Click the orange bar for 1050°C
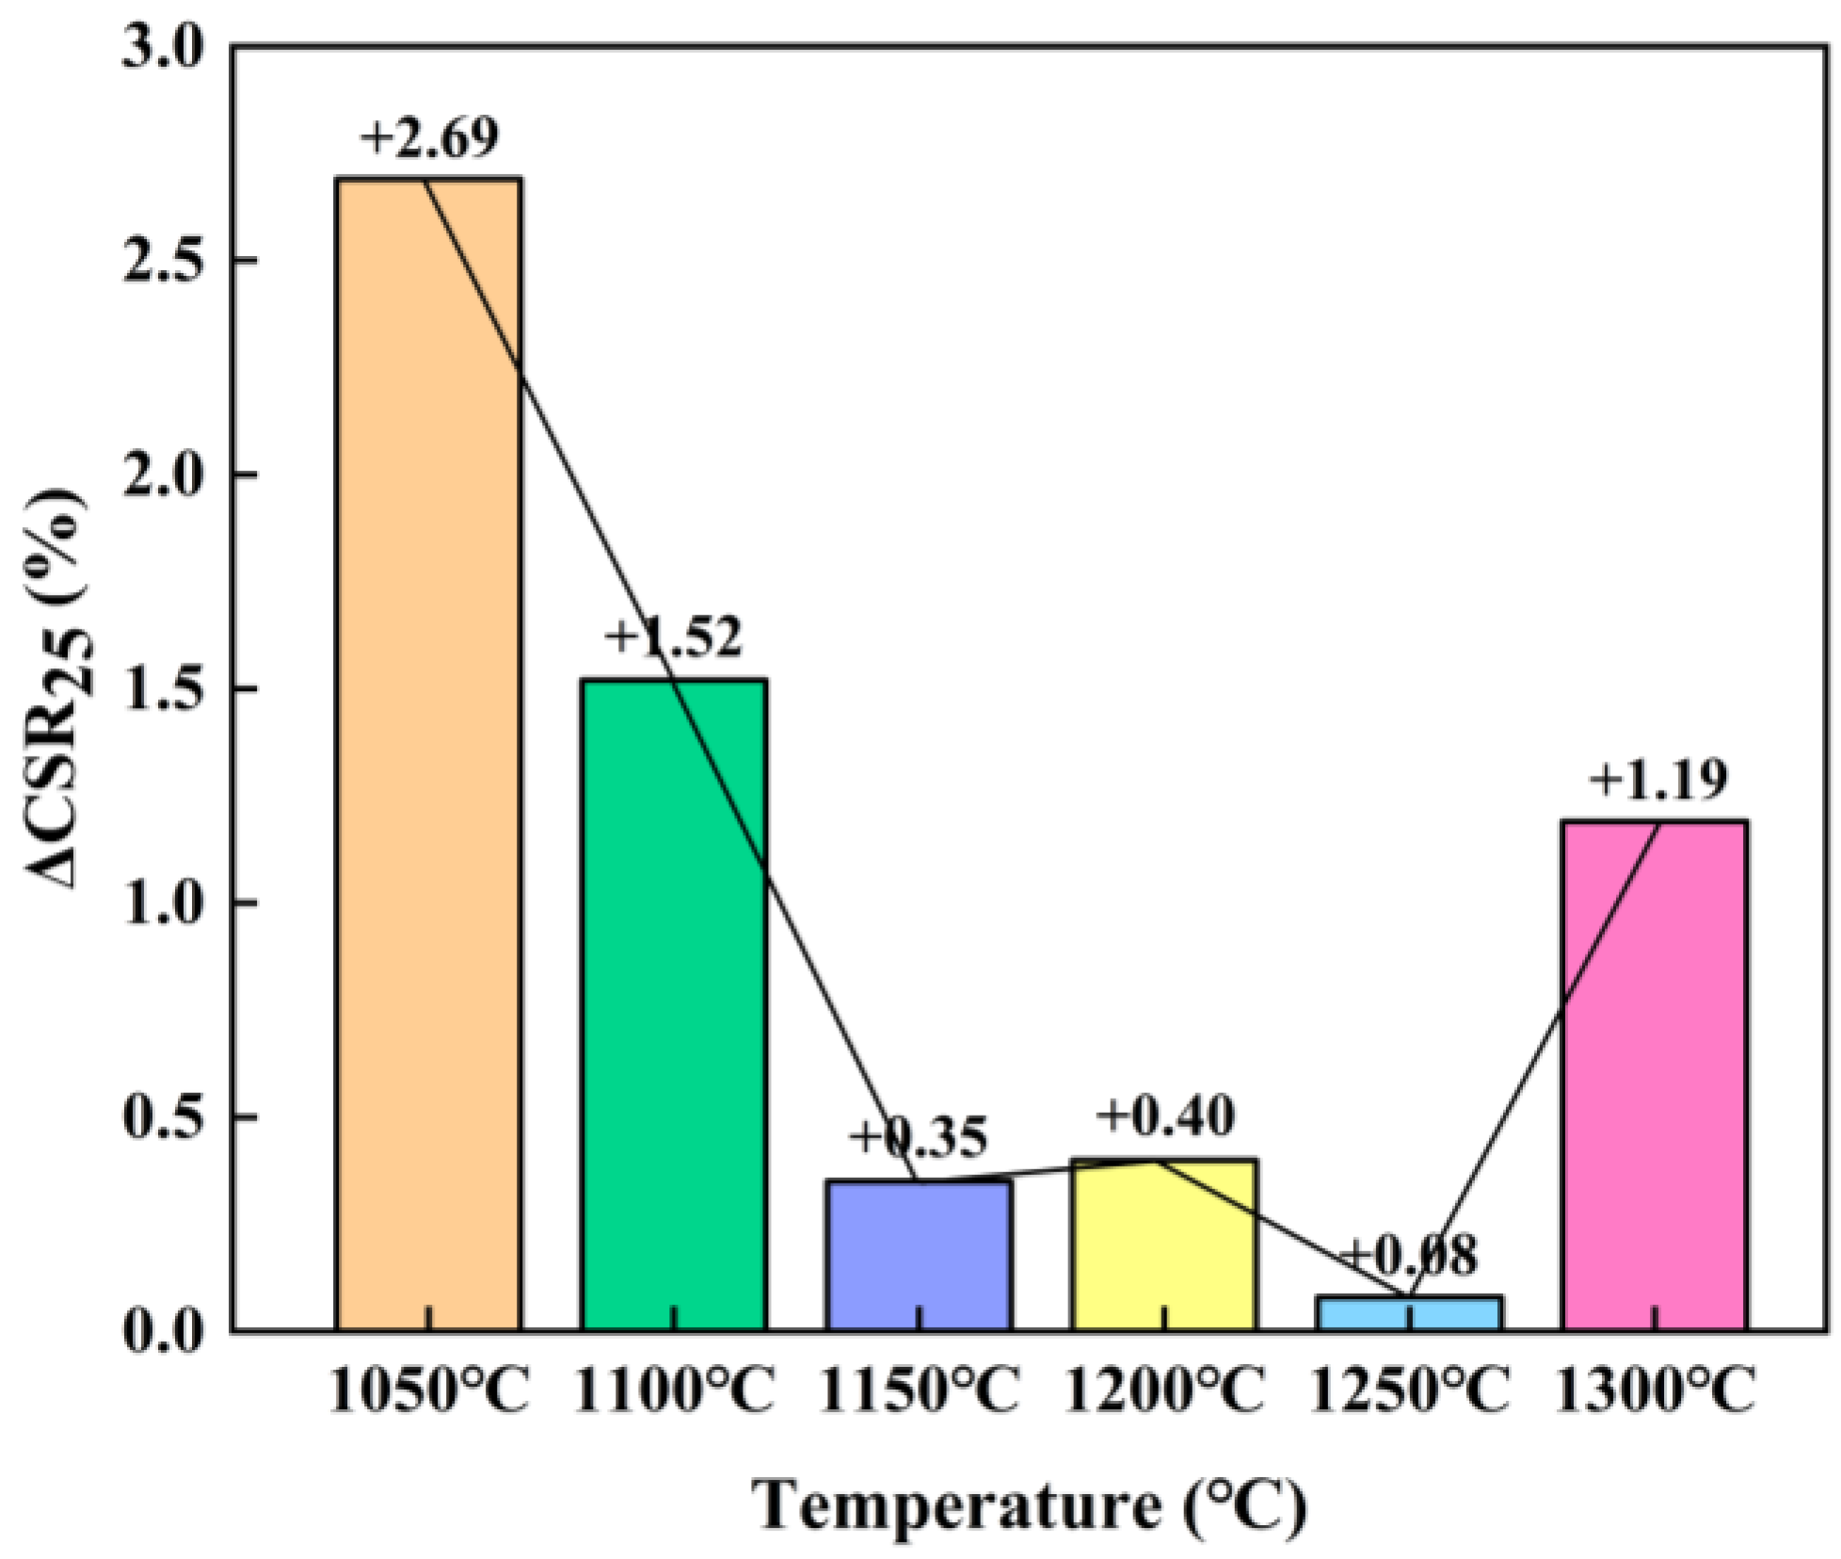429,753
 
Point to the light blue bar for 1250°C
1409,1314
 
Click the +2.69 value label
429,139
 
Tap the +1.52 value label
674,637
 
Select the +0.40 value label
1165,1117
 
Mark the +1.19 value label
1658,780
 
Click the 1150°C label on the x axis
919,1391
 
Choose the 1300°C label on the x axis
1655,1391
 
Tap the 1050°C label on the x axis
429,1391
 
